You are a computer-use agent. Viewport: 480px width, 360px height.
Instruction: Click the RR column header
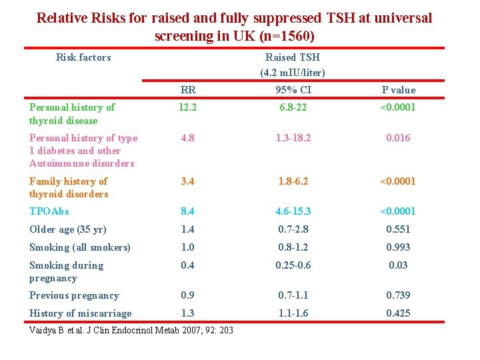pyautogui.click(x=188, y=90)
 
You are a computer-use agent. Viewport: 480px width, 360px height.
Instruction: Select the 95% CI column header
pyautogui.click(x=293, y=90)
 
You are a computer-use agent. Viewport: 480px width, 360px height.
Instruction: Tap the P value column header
pyautogui.click(x=398, y=90)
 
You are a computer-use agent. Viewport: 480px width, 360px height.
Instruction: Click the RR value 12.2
pyautogui.click(x=188, y=107)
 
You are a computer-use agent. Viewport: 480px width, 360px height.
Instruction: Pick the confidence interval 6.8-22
pyautogui.click(x=293, y=107)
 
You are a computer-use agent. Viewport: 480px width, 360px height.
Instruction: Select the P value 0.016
pyautogui.click(x=398, y=138)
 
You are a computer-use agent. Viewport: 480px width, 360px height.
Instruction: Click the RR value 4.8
pyautogui.click(x=188, y=138)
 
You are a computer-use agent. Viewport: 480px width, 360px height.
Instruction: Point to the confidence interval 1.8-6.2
pyautogui.click(x=293, y=181)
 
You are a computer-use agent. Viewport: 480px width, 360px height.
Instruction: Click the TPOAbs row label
pyautogui.click(x=49, y=211)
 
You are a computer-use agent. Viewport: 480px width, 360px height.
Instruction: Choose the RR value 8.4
pyautogui.click(x=188, y=211)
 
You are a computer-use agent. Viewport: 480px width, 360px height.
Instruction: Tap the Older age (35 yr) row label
pyautogui.click(x=68, y=229)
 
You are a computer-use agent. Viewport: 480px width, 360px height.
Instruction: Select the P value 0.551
pyautogui.click(x=398, y=229)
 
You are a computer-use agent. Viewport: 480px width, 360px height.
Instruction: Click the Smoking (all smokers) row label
pyautogui.click(x=80, y=247)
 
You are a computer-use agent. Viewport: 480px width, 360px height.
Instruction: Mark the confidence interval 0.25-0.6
pyautogui.click(x=293, y=265)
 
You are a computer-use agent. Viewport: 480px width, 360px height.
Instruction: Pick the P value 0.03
pyautogui.click(x=398, y=265)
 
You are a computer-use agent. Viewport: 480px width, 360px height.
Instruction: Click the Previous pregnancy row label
pyautogui.click(x=74, y=295)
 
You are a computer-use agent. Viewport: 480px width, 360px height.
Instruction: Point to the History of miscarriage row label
pyautogui.click(x=81, y=313)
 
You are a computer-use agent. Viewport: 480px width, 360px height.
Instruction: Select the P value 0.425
pyautogui.click(x=398, y=313)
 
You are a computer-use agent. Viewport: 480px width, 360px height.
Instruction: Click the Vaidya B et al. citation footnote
pyautogui.click(x=131, y=330)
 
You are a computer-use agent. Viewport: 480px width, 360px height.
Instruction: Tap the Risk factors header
pyautogui.click(x=83, y=57)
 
